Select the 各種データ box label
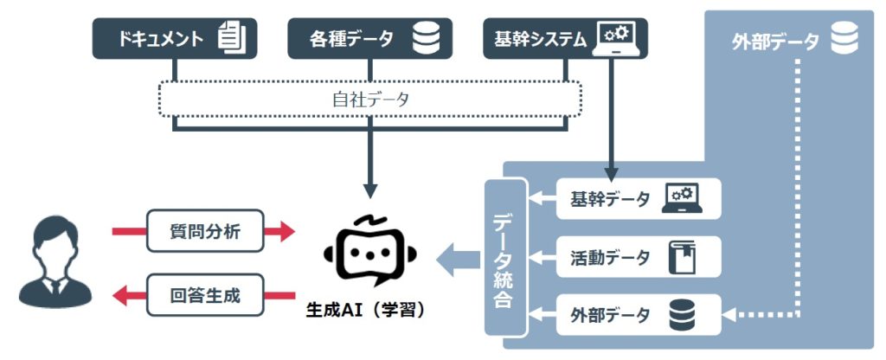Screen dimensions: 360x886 click(351, 38)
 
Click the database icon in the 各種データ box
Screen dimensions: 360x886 click(427, 37)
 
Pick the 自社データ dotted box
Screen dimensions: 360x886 click(370, 100)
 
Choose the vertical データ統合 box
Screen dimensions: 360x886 click(507, 257)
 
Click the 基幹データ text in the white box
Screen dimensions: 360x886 click(609, 199)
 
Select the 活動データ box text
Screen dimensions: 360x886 click(609, 257)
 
